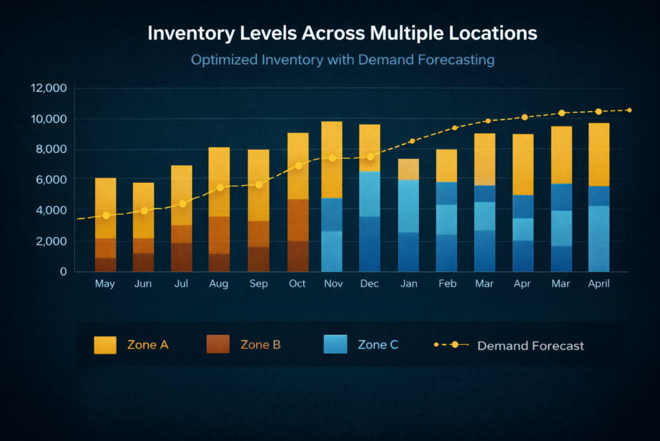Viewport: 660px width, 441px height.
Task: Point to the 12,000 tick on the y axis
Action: point(49,88)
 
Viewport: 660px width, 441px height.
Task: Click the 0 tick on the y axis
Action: point(63,272)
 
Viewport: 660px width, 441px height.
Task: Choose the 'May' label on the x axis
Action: point(105,284)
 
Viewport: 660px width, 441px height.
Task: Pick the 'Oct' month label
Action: point(297,284)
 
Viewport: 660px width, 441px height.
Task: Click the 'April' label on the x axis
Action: point(598,284)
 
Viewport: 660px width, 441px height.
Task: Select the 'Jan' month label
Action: point(408,284)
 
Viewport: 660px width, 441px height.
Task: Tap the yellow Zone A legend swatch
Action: point(105,345)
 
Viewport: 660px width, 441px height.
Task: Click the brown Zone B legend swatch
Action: point(218,345)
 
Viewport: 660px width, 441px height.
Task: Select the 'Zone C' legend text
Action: point(378,345)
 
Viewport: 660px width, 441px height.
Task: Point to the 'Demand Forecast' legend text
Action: point(530,345)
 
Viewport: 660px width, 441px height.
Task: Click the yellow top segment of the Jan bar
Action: point(408,169)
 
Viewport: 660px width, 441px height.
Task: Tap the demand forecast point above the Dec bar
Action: point(370,157)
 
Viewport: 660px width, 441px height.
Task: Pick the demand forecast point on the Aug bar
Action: point(220,187)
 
